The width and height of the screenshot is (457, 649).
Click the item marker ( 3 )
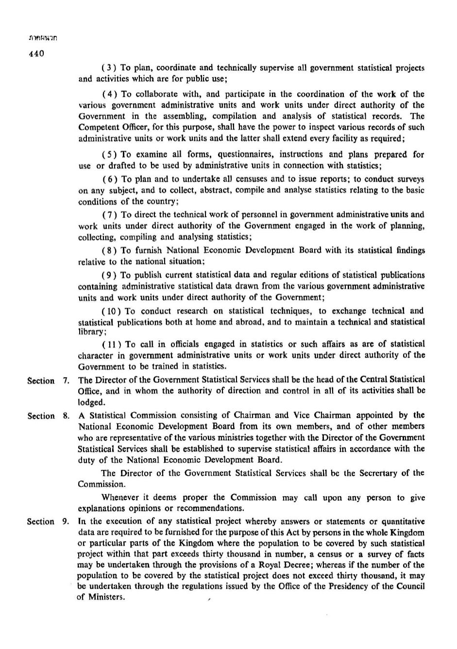click(x=108, y=68)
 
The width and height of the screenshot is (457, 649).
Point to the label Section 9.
click(x=48, y=522)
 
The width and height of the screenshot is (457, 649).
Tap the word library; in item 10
click(x=92, y=333)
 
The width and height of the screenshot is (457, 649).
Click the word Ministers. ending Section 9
click(x=101, y=597)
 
